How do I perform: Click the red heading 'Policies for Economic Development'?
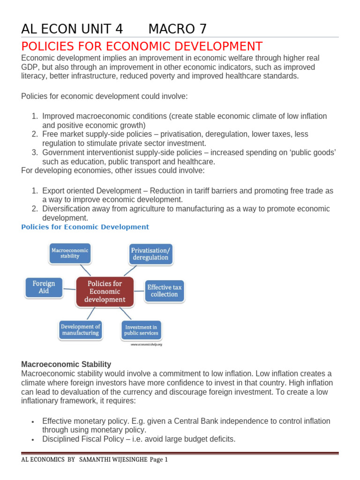pos(142,47)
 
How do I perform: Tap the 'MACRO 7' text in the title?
pos(177,29)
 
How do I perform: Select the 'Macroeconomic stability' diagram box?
pos(69,253)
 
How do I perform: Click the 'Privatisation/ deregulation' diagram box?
pos(150,254)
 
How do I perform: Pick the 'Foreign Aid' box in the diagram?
pos(44,287)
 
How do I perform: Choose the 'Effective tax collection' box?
pos(164,291)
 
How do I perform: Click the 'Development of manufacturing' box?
pos(80,330)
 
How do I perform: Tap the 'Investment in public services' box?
pos(141,330)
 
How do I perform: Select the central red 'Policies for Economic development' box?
pos(105,291)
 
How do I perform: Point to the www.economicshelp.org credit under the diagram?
pos(146,345)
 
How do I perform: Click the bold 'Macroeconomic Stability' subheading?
pos(66,364)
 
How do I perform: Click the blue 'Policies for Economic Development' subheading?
pos(85,227)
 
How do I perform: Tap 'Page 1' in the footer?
pos(158,460)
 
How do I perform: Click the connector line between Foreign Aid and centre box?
pos(69,289)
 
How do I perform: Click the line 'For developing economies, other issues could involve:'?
pos(113,170)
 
